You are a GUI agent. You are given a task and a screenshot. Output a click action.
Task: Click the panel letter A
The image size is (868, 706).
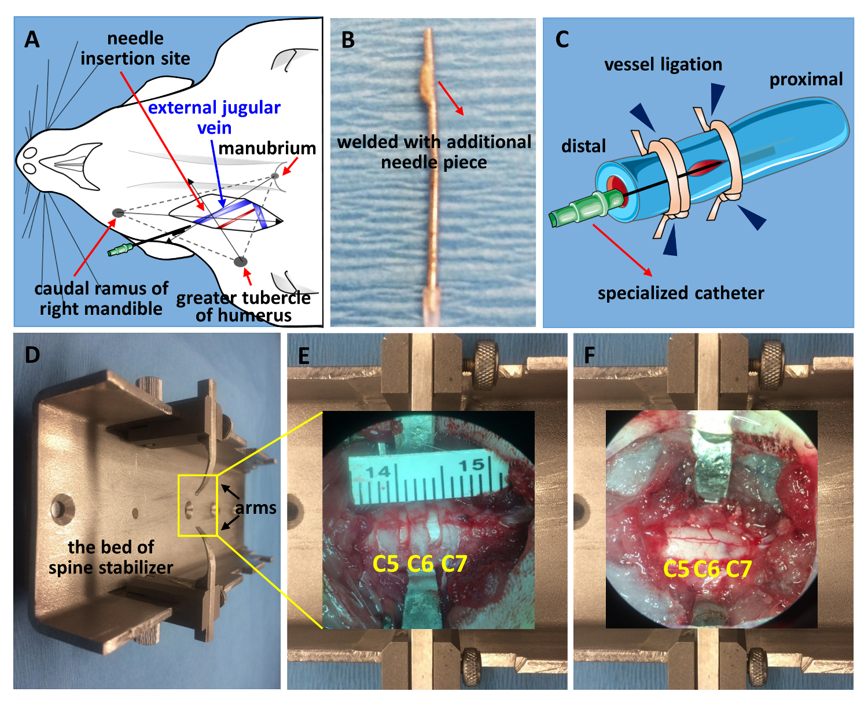(x=32, y=39)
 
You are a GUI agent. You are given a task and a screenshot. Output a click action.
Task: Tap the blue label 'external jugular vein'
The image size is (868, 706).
(x=214, y=117)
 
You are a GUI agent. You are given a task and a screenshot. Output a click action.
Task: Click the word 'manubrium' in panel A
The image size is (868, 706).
(x=267, y=148)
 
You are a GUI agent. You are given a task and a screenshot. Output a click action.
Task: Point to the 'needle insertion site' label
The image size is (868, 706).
(x=135, y=49)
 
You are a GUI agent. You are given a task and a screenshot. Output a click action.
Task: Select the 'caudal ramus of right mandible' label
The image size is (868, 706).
(x=101, y=299)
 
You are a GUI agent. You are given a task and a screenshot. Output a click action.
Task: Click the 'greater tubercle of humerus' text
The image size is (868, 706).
(x=244, y=307)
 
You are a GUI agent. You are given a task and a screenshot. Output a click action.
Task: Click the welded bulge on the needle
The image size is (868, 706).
(x=426, y=83)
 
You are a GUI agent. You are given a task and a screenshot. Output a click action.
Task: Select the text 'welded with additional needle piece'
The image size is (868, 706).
(x=434, y=152)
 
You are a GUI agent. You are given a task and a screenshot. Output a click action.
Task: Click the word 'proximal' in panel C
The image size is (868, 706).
(x=806, y=79)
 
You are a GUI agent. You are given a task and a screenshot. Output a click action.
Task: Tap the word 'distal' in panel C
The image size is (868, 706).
(x=583, y=146)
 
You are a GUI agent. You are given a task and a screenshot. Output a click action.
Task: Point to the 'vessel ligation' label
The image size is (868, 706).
(x=663, y=64)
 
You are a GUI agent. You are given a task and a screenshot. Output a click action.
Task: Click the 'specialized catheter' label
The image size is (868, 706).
(x=681, y=293)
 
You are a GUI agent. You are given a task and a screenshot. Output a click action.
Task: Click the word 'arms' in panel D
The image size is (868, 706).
(x=256, y=508)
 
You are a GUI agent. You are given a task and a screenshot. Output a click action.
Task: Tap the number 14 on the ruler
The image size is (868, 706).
(x=378, y=472)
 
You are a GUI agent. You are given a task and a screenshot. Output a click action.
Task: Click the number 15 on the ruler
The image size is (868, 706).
(x=472, y=464)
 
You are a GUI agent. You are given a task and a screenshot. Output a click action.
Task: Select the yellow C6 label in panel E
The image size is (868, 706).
(x=420, y=563)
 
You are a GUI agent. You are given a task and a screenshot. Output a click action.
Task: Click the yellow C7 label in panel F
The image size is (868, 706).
(x=738, y=569)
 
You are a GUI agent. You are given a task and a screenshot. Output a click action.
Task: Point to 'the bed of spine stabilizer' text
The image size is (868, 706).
(x=111, y=557)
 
